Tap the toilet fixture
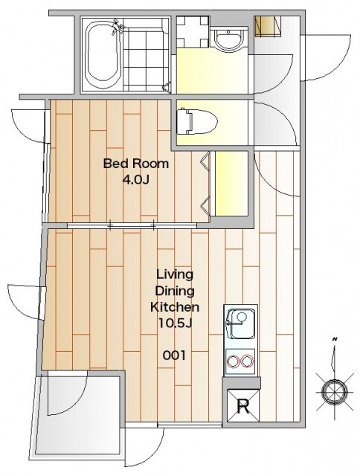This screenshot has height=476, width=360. (x=197, y=121)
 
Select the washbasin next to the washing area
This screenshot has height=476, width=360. (x=228, y=39)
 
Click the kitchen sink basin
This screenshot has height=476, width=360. (x=241, y=324)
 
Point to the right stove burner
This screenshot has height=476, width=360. (x=247, y=361)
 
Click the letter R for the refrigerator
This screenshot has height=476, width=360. (x=242, y=407)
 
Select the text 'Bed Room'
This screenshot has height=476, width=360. (x=135, y=164)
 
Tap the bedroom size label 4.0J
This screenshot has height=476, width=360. (x=135, y=180)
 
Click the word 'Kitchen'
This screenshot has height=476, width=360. (x=175, y=307)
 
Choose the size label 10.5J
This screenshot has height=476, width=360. (x=175, y=324)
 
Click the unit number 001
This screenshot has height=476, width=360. (x=174, y=356)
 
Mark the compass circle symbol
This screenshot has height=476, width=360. (x=334, y=391)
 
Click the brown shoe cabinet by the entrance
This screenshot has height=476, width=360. (x=268, y=26)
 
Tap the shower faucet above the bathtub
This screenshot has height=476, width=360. (x=118, y=26)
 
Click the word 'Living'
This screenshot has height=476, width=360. (x=175, y=274)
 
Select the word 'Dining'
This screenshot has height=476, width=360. (x=175, y=291)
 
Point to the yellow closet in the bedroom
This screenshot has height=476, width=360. (x=231, y=184)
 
